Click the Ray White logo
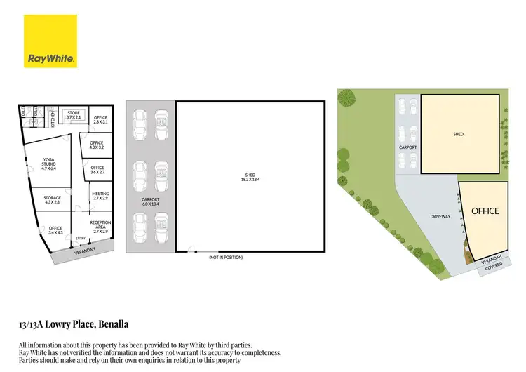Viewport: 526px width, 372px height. click(51, 42)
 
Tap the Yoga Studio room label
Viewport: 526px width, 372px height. click(48, 165)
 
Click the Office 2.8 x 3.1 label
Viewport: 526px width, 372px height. click(100, 119)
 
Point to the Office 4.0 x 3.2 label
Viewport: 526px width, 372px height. click(97, 145)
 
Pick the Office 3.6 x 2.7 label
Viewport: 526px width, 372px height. click(97, 170)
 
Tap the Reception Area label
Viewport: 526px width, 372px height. click(100, 225)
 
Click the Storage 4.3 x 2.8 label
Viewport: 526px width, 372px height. click(53, 200)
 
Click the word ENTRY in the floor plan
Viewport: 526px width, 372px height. click(81, 239)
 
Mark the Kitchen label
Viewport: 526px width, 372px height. click(53, 117)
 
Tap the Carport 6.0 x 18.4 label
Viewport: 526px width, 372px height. click(149, 202)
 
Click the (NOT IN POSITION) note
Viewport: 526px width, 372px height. click(225, 258)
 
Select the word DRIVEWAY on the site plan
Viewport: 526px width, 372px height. click(440, 217)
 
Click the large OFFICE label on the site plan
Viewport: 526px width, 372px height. click(485, 211)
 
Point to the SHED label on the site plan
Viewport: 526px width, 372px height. click(459, 134)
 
